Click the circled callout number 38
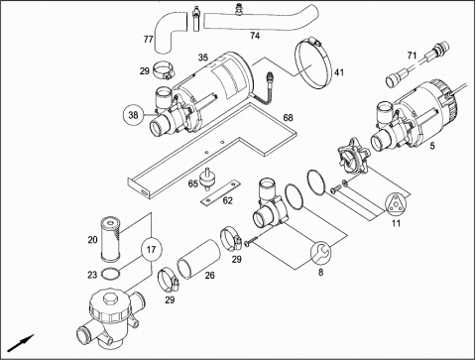(133, 115)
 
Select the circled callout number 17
(152, 249)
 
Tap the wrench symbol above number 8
(320, 253)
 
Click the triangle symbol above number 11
(396, 203)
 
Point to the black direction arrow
(21, 343)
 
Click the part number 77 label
(148, 40)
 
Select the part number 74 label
(255, 36)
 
